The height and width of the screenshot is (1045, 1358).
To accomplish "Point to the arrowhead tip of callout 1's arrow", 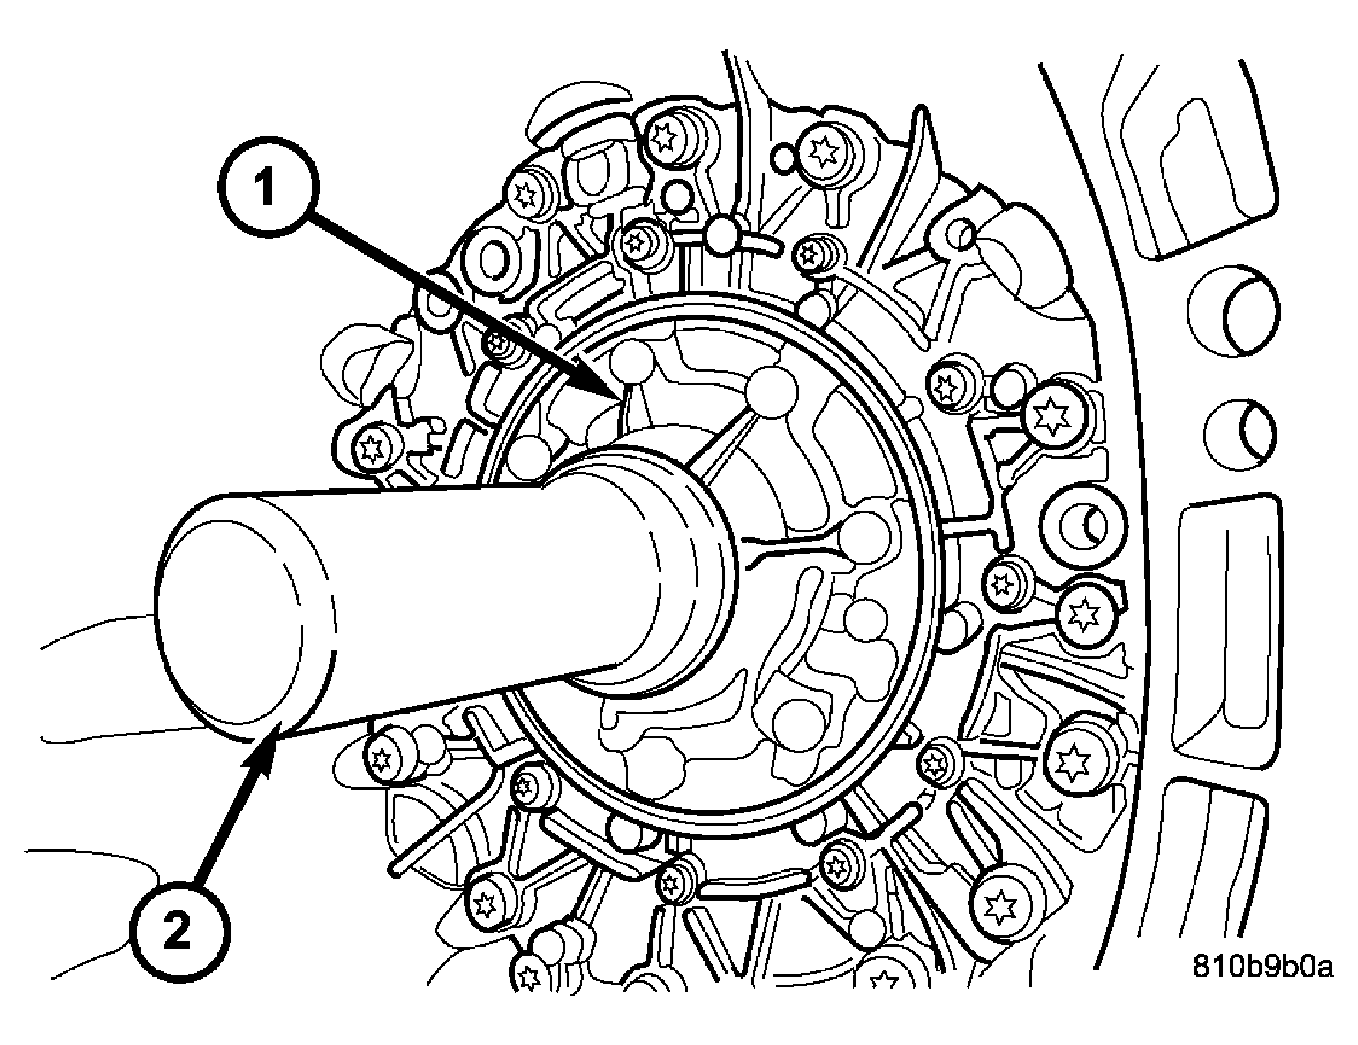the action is click(620, 398).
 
